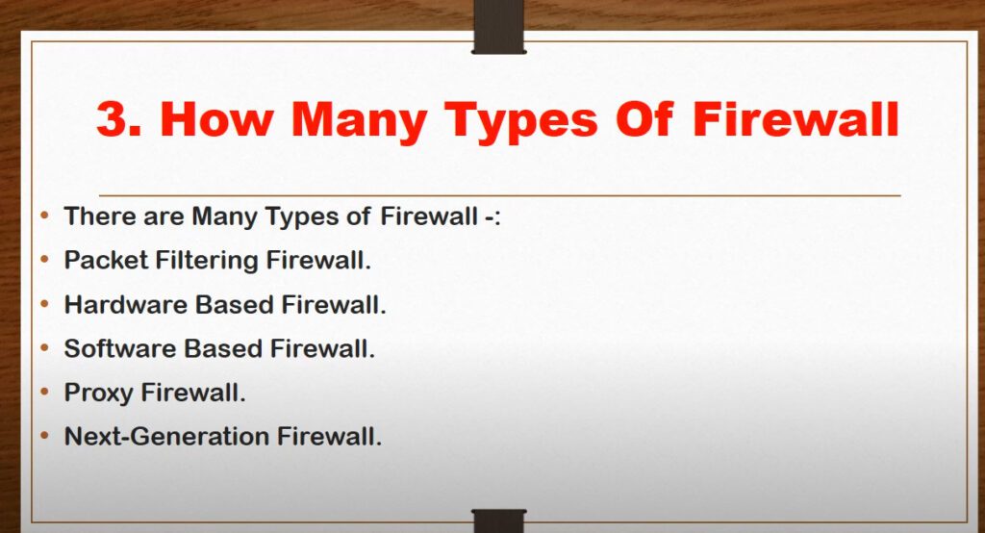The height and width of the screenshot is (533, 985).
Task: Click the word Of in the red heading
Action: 644,118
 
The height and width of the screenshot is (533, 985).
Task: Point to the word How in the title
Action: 217,118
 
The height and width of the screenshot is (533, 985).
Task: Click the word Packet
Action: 106,260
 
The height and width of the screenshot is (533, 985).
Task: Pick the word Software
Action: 120,349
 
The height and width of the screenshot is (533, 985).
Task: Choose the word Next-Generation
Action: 167,437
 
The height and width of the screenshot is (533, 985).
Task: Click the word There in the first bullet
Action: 100,216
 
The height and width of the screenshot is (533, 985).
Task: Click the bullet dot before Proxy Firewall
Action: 44,393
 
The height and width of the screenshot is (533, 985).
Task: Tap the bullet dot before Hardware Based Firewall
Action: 44,304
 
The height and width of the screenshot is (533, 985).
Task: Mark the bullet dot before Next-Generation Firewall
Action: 44,436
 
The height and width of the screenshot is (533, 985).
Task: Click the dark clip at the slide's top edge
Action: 499,27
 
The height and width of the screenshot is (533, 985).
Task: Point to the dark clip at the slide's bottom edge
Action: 499,521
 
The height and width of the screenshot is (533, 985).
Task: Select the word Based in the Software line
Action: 223,349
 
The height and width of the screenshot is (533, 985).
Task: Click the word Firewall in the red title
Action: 796,118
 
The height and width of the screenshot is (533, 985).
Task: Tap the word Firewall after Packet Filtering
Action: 318,260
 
